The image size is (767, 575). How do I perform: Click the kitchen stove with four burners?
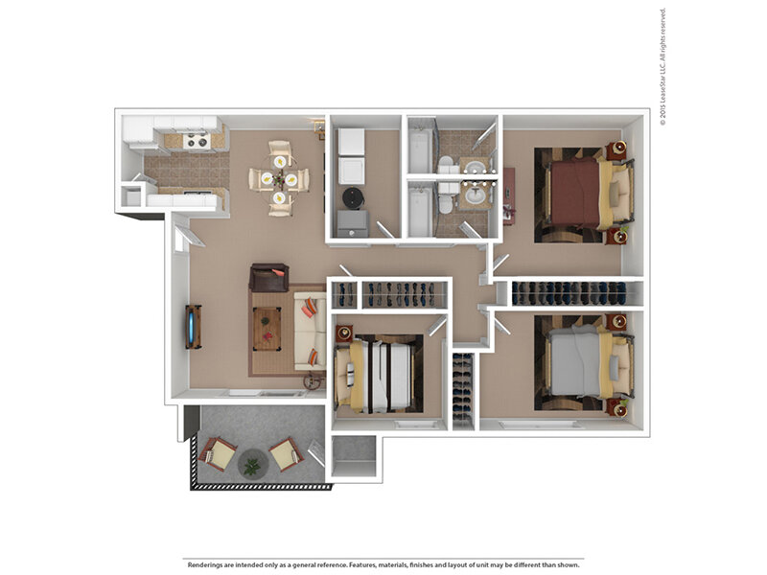(198, 141)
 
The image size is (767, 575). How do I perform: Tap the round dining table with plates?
(279, 179)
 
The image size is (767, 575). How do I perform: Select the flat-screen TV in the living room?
(194, 327)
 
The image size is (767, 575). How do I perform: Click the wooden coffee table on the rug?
(267, 329)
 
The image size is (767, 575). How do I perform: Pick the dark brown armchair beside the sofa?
(268, 277)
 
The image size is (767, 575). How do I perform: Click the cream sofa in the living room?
(310, 331)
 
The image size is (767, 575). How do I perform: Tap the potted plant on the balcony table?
(252, 466)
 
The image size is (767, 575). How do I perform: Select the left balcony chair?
(218, 453)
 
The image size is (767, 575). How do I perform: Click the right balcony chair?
(287, 454)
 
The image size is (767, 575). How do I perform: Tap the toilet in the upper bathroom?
(447, 165)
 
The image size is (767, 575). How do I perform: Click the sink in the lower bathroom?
(474, 196)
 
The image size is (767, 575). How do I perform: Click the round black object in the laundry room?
(353, 197)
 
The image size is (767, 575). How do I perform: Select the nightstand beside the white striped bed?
(344, 333)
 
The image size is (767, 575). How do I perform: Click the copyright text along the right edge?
(662, 67)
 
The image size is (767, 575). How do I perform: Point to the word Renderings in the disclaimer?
(205, 565)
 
